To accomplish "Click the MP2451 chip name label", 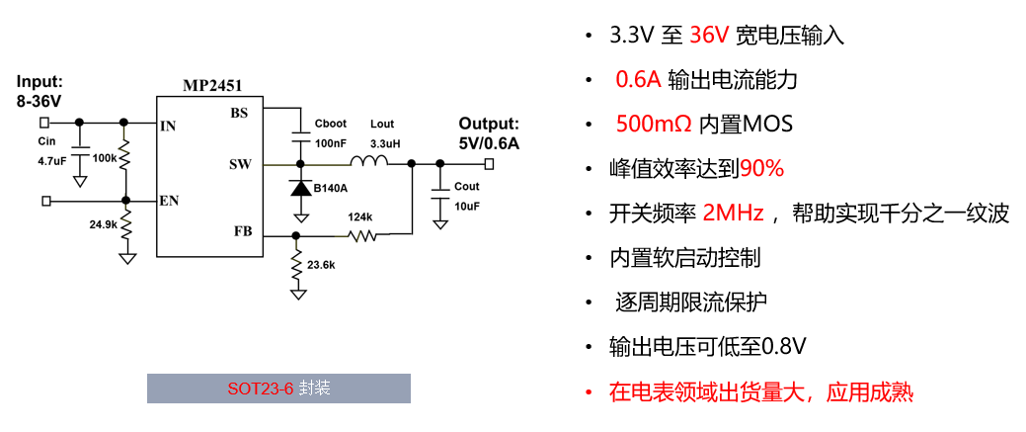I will click(212, 86).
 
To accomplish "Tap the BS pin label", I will click(240, 113).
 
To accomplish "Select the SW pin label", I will click(239, 164).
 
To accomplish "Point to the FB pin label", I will click(242, 231).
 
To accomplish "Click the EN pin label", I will click(169, 201).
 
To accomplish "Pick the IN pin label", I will click(168, 126).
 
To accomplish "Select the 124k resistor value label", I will click(360, 216).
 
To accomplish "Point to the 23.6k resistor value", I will click(321, 265).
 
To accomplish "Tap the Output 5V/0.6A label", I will click(489, 133).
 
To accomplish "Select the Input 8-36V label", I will click(39, 91).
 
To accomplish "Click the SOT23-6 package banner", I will click(278, 389).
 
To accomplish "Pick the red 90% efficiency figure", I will click(761, 169).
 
